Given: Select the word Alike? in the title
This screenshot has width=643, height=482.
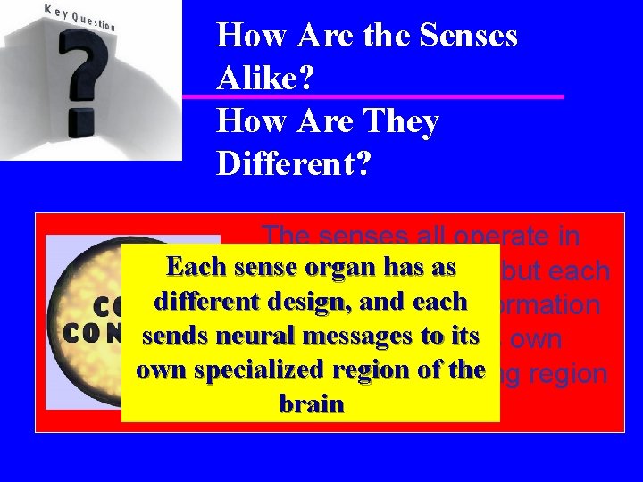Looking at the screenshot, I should click(266, 79).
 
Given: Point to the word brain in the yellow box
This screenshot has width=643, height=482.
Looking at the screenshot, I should click(311, 403).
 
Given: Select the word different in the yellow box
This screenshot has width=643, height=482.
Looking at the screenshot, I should click(197, 302).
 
